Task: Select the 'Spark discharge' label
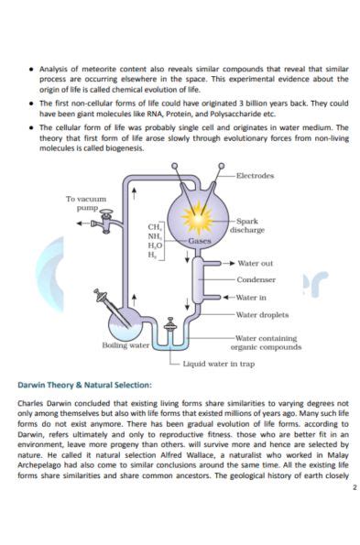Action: coord(251,225)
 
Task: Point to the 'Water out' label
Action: coord(254,264)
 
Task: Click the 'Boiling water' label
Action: coord(125,345)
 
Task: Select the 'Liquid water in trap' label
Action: coord(218,363)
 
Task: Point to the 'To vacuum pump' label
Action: coord(86,202)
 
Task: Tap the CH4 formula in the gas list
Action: coord(155,225)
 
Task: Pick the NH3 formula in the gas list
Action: coord(155,235)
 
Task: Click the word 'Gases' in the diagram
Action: coord(200,240)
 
